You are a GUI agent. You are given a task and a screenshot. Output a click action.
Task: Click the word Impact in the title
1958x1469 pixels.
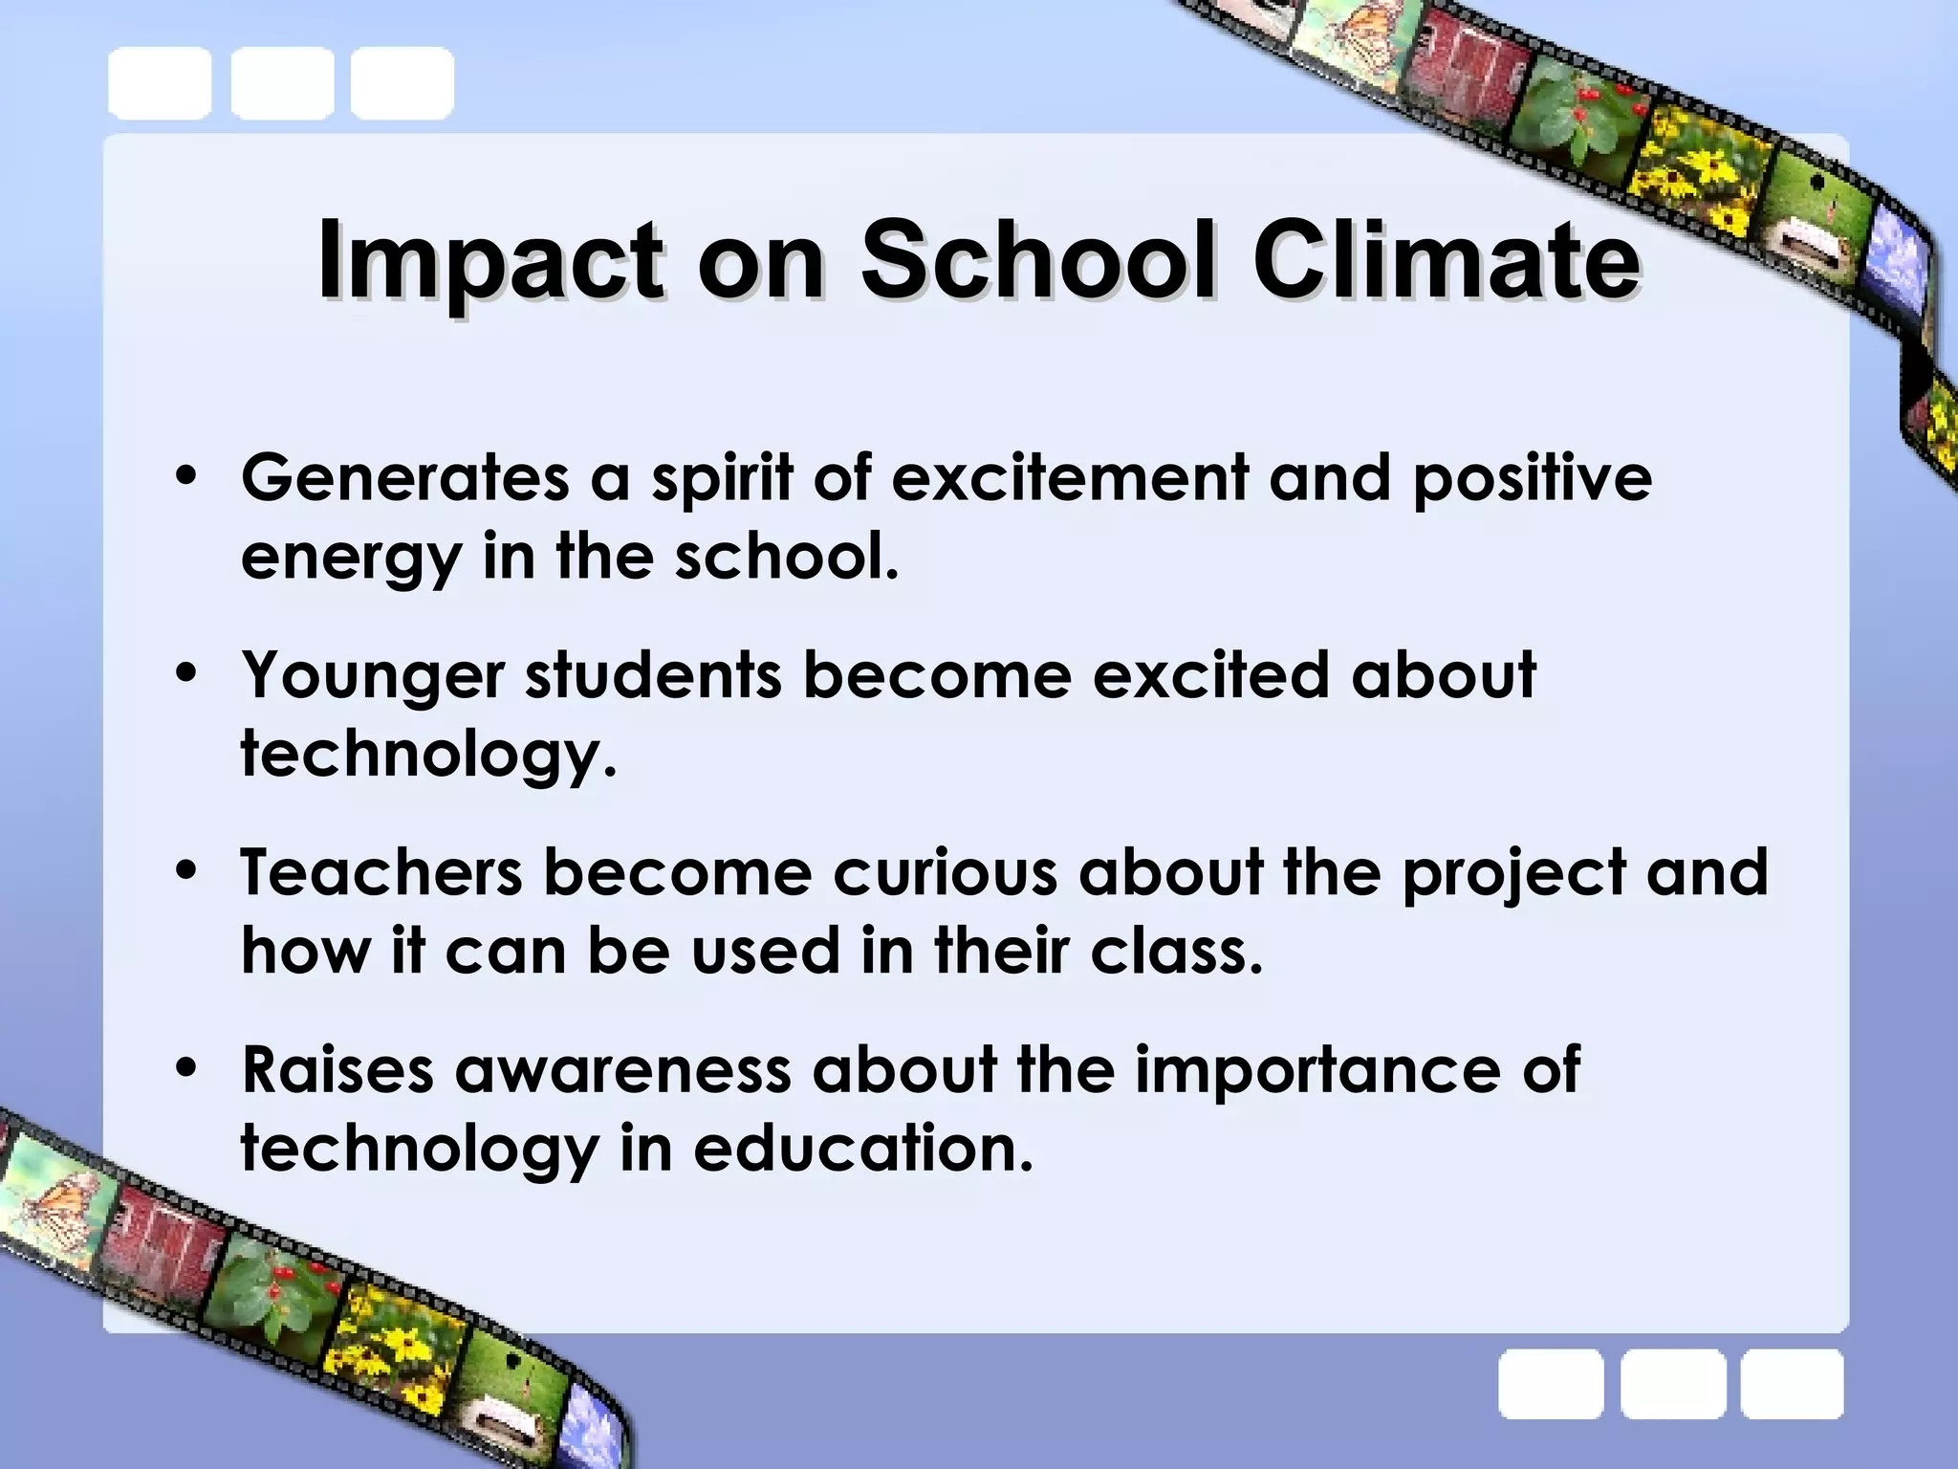(x=489, y=261)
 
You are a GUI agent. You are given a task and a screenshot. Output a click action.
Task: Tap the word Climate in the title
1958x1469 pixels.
(x=1447, y=259)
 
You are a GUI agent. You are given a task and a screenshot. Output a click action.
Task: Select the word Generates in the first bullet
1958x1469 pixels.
(x=404, y=477)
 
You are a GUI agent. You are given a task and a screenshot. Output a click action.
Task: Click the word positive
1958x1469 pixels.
(x=1532, y=477)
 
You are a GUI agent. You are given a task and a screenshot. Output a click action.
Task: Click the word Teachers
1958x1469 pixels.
(x=381, y=872)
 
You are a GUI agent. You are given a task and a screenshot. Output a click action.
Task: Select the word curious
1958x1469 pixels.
(x=945, y=872)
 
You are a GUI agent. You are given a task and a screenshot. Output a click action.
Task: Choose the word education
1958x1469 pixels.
(x=863, y=1149)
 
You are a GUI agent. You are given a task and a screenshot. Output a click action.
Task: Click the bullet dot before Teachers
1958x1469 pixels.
(x=186, y=870)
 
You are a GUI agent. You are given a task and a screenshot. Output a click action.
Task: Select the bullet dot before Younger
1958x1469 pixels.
(x=186, y=672)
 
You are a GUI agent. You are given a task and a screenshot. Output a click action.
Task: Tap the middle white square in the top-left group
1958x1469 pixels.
(x=282, y=83)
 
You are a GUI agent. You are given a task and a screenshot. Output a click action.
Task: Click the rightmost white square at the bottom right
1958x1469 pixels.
(x=1792, y=1384)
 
